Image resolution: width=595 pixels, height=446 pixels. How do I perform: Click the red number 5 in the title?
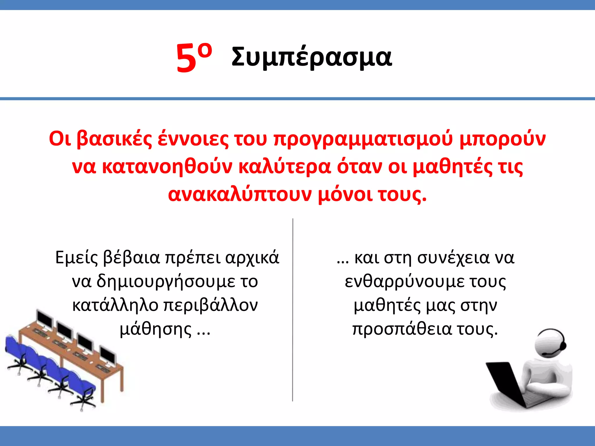(x=186, y=58)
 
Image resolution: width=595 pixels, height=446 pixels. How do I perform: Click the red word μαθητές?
(x=452, y=167)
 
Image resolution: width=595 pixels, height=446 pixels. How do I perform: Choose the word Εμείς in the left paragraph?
(x=77, y=258)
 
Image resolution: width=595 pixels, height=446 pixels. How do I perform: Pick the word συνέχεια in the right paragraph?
(x=453, y=258)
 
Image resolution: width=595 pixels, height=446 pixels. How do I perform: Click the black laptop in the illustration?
(x=506, y=383)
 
